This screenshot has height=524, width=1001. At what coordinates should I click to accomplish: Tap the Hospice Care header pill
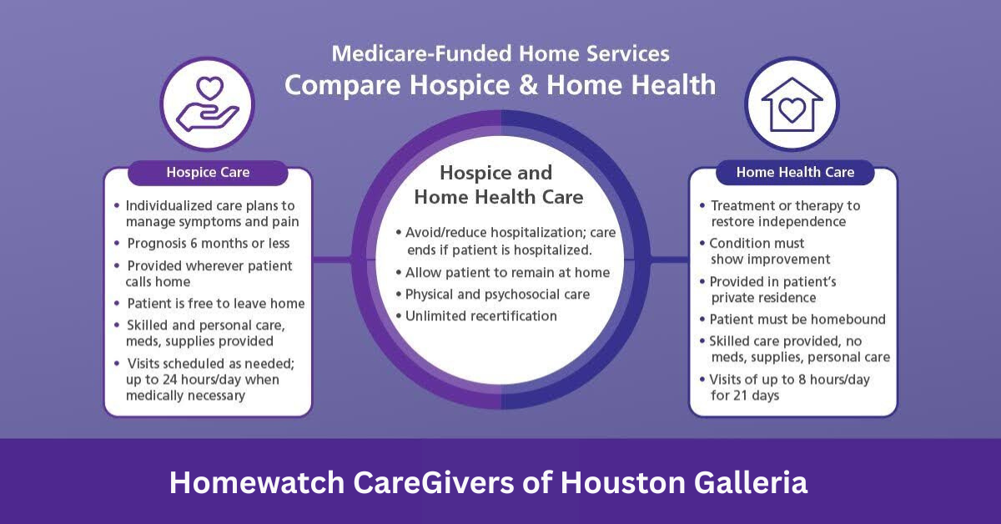point(208,173)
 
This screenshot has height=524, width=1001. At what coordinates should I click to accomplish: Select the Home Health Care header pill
point(795,173)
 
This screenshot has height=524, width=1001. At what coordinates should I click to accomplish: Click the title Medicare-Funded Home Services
point(500,54)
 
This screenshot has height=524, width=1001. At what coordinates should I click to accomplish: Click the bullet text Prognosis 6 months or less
point(209,244)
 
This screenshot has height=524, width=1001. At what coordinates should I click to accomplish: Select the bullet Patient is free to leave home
point(215,303)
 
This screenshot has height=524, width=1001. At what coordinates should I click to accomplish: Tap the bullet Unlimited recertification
point(481,315)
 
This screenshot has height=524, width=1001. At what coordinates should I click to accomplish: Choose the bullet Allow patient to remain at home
point(507,273)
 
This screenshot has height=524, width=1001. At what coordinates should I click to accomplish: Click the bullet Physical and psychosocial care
point(497,295)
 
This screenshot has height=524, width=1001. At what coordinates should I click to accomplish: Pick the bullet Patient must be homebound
point(797,320)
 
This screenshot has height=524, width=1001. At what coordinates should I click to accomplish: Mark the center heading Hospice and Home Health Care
point(498,185)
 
